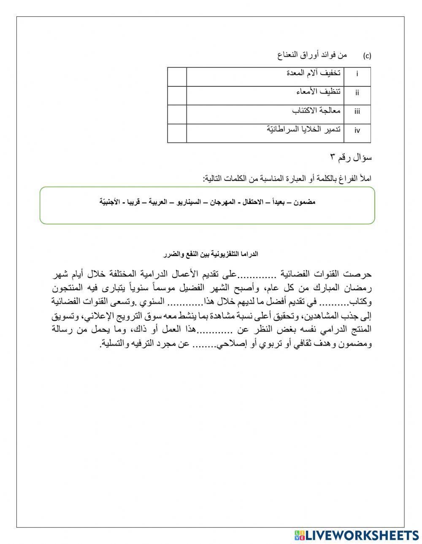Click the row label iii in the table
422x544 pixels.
[x=357, y=112]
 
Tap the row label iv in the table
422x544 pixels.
[x=357, y=130]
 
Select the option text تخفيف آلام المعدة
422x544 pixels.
[x=314, y=73]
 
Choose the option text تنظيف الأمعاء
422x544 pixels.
[x=318, y=91]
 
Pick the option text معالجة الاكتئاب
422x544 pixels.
[x=316, y=110]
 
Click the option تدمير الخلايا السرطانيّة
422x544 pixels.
[x=304, y=129]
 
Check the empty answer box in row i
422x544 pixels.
[x=177, y=77]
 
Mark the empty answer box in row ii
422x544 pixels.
[x=177, y=96]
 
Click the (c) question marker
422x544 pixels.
[x=367, y=56]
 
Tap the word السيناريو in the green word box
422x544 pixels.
[x=186, y=202]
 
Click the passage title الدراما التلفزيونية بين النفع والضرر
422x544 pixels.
[x=211, y=254]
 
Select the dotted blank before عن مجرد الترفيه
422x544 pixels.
[x=204, y=344]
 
